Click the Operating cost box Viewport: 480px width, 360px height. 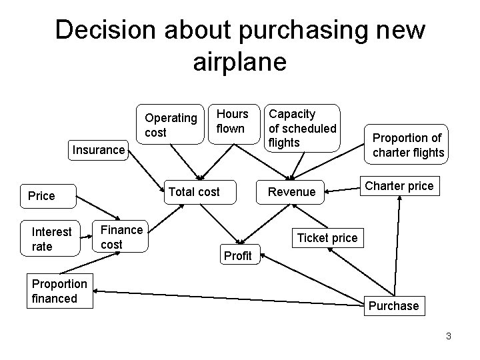pyautogui.click(x=171, y=125)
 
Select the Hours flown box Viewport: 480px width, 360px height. pyautogui.click(x=232, y=121)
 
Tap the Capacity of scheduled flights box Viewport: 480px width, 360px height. pyautogui.click(x=303, y=128)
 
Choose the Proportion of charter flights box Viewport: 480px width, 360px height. pyautogui.click(x=408, y=145)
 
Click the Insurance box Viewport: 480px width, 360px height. pyautogui.click(x=99, y=150)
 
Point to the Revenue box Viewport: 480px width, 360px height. pyautogui.click(x=291, y=192)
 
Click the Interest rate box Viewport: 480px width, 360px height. pyautogui.click(x=52, y=239)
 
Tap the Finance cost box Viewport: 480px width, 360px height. pyautogui.click(x=121, y=237)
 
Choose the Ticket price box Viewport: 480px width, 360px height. pyautogui.click(x=327, y=237)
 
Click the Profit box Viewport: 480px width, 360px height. pyautogui.click(x=238, y=256)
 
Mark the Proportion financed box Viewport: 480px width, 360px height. pyautogui.click(x=59, y=291)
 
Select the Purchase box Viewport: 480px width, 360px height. pyautogui.click(x=394, y=306)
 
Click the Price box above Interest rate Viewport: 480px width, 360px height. pyautogui.click(x=41, y=195)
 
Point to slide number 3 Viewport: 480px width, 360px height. pyautogui.click(x=449, y=336)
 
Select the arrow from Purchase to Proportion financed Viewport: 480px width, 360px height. pyautogui.click(x=227, y=297)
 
